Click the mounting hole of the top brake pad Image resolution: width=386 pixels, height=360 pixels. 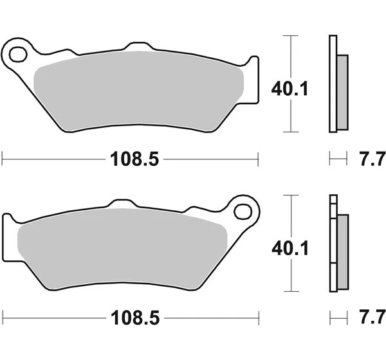pyautogui.click(x=18, y=54)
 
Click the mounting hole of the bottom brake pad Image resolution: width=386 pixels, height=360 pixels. pyautogui.click(x=243, y=212)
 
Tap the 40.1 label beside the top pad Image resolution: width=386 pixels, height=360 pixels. pyautogui.click(x=289, y=89)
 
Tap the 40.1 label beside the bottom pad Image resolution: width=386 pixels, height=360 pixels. pyautogui.click(x=290, y=249)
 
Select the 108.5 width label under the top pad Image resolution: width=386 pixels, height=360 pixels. pyautogui.click(x=134, y=159)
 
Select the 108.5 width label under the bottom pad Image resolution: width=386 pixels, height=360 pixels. pyautogui.click(x=135, y=318)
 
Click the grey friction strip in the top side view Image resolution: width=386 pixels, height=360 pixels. pyautogui.click(x=342, y=93)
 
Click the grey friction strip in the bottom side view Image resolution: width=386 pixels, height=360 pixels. pyautogui.click(x=343, y=252)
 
